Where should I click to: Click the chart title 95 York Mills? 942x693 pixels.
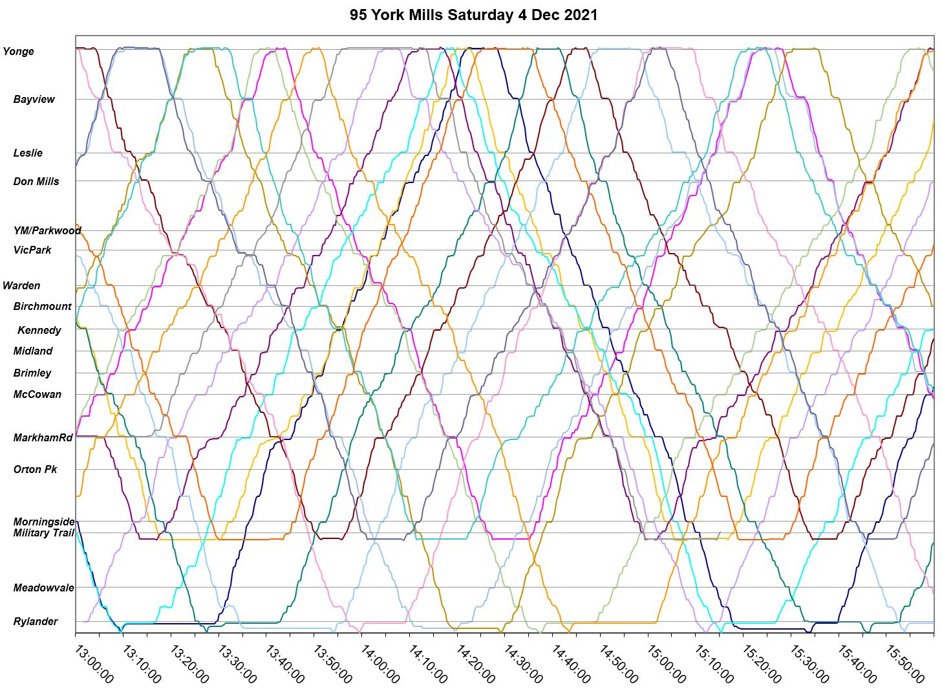pyautogui.click(x=473, y=14)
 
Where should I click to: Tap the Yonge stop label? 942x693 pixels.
pyautogui.click(x=19, y=52)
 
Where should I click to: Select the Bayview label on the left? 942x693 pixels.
pyautogui.click(x=34, y=100)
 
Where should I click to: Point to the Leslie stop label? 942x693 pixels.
pyautogui.click(x=28, y=153)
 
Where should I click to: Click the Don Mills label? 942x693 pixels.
pyautogui.click(x=36, y=182)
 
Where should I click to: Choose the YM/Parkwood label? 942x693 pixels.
pyautogui.click(x=47, y=231)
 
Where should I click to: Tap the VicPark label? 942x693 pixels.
pyautogui.click(x=32, y=250)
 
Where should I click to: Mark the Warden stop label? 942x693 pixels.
pyautogui.click(x=21, y=286)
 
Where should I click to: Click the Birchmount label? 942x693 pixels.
pyautogui.click(x=43, y=307)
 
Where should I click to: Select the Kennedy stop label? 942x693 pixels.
pyautogui.click(x=39, y=331)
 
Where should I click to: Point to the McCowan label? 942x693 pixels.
pyautogui.click(x=37, y=395)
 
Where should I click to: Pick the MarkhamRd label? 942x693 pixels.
pyautogui.click(x=43, y=438)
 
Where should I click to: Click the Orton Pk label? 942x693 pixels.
pyautogui.click(x=36, y=470)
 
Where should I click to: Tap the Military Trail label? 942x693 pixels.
pyautogui.click(x=44, y=533)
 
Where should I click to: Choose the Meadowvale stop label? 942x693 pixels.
pyautogui.click(x=44, y=588)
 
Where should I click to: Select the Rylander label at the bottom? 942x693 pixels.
pyautogui.click(x=36, y=622)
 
